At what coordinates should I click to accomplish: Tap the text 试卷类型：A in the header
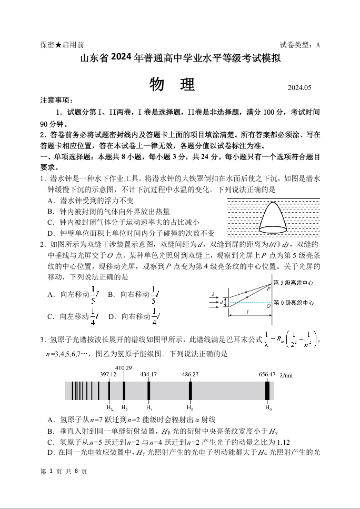coord(300,45)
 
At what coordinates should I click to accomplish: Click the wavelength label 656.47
coord(267,374)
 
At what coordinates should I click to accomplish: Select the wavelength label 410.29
coord(123,367)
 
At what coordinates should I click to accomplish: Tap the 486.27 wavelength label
coord(190,374)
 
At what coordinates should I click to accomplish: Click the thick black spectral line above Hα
coord(267,391)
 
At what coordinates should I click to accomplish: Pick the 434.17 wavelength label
coord(148,374)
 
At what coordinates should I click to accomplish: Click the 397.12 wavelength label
coord(108,374)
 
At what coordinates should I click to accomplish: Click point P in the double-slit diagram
coord(268,288)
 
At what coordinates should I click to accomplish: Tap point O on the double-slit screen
coord(268,305)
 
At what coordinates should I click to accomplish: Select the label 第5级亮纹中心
coord(294,283)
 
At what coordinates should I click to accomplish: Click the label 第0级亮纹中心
coord(294,303)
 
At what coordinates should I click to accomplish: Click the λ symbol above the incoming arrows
coord(213,294)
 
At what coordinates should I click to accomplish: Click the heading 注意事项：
coord(57,100)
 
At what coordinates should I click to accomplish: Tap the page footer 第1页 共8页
coord(64,471)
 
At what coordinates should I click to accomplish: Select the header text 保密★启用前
coord(62,45)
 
